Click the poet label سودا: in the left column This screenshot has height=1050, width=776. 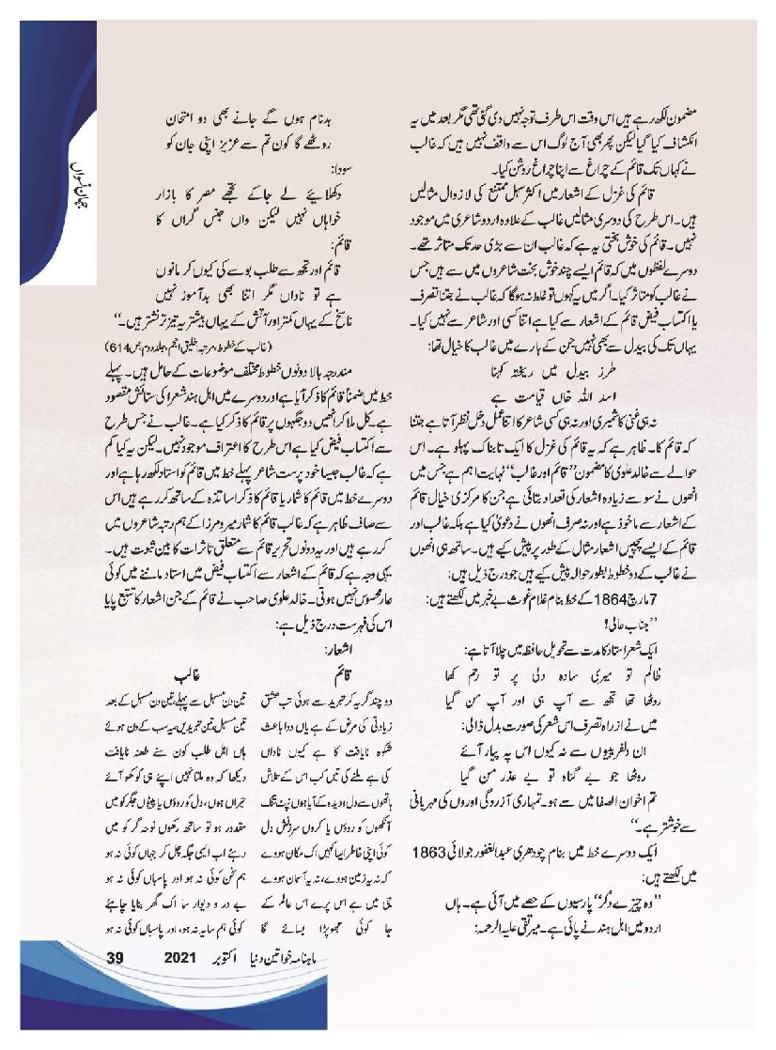tap(333, 171)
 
